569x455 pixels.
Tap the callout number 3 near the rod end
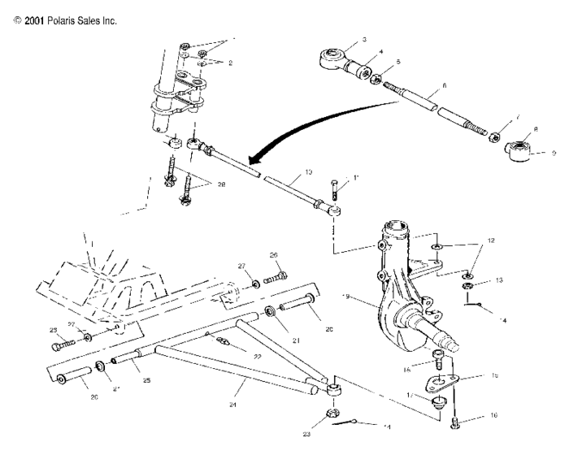pos(365,40)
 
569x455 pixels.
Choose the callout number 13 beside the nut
pos(500,279)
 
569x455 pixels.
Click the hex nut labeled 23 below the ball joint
pos(332,413)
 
